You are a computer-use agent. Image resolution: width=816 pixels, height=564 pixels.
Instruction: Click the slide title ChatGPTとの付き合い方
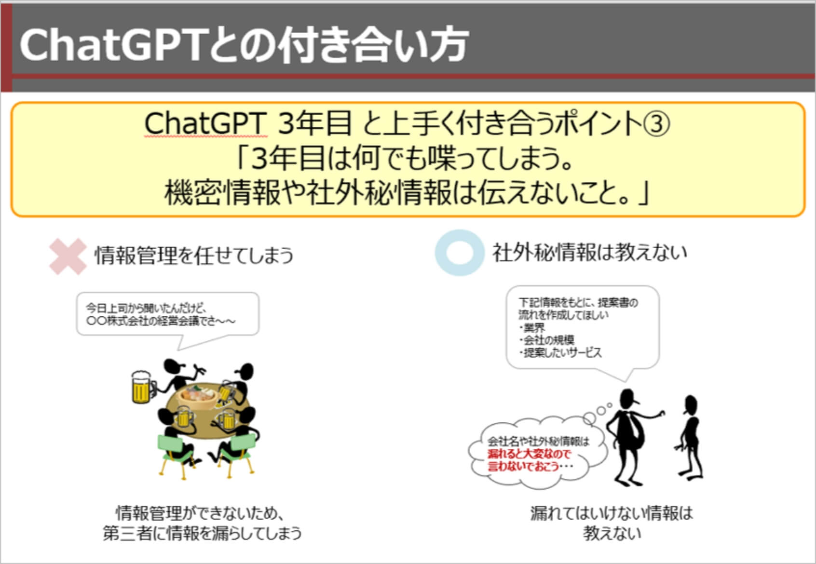pos(244,45)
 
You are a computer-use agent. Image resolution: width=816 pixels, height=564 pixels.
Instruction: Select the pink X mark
pos(68,256)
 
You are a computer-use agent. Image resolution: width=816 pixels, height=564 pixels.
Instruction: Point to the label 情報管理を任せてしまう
pos(194,255)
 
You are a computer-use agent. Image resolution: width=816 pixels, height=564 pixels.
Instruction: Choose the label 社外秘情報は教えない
pos(589,252)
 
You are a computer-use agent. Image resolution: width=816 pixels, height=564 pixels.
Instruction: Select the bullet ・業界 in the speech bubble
pos(532,328)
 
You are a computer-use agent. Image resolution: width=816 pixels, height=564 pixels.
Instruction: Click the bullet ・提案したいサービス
pos(560,352)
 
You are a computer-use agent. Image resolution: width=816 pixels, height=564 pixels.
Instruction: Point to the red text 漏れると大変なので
pos(529,454)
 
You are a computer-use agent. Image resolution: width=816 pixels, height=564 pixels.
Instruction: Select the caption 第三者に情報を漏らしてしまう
pos(202,534)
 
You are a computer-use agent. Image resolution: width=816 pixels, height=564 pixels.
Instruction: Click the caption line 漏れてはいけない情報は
pos(611,513)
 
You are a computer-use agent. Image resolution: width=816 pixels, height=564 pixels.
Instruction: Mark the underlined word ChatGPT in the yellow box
pos(205,124)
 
